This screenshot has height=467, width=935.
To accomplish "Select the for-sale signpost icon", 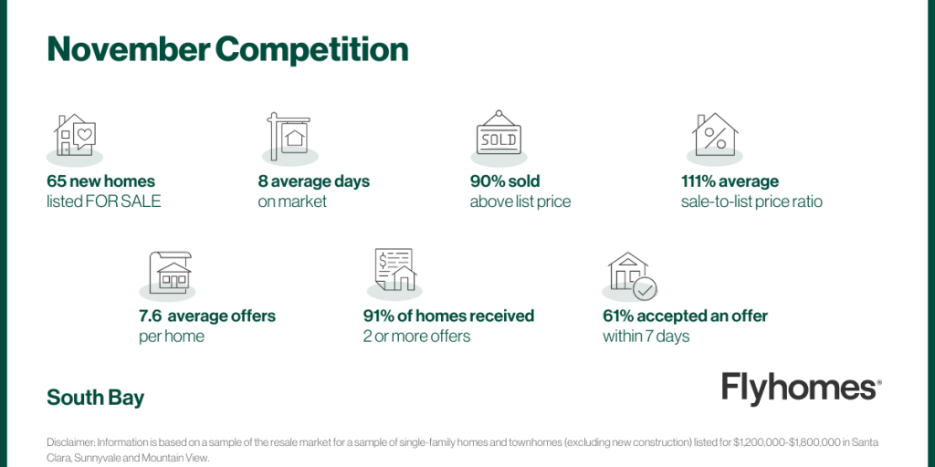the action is tap(288, 136).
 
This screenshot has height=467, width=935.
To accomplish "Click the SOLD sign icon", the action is tap(499, 133).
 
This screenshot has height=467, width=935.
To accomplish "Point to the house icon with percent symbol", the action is tap(715, 134).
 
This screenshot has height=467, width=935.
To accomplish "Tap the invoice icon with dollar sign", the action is tap(394, 269).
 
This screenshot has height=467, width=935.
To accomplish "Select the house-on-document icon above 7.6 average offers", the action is tap(170, 271).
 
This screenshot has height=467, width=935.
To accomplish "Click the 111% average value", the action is tap(698, 182).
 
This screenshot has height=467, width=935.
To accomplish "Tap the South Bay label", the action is tap(95, 398).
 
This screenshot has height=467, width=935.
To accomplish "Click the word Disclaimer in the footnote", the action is tap(71, 442).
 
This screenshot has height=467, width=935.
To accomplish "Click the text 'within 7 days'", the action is tap(646, 337).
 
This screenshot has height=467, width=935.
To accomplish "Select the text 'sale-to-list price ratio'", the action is tap(752, 202).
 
